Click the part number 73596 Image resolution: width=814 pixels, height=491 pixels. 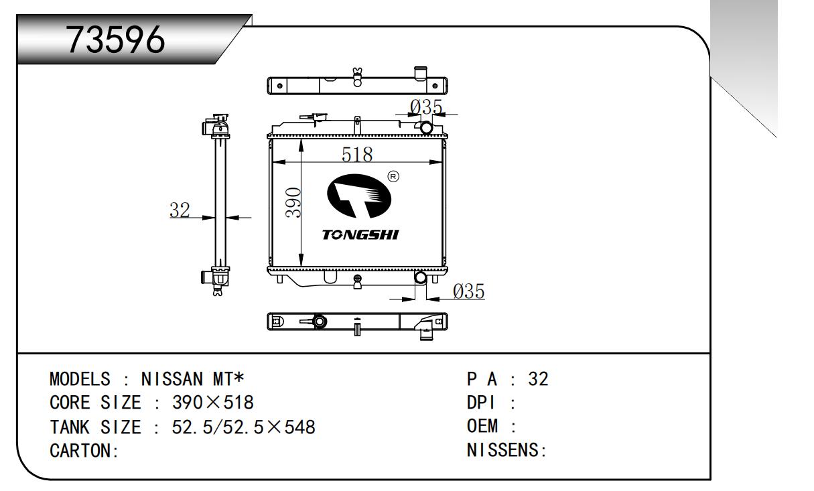tap(116, 42)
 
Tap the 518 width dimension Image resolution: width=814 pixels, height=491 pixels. tap(357, 154)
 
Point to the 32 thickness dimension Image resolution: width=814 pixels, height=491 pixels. tap(180, 210)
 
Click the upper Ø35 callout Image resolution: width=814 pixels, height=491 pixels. tap(426, 107)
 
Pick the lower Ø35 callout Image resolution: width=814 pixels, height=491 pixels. tap(468, 291)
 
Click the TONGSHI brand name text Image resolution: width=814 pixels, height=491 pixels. tap(360, 235)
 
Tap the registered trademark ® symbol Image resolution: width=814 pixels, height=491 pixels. tap(393, 177)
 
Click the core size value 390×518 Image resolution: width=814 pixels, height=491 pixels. tap(212, 403)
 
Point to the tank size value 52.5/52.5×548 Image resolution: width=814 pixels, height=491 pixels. tap(243, 427)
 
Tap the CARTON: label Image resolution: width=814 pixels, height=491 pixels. tap(84, 450)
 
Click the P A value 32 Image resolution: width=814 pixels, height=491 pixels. tap(538, 379)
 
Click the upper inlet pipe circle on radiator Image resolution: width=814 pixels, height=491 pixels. tap(425, 127)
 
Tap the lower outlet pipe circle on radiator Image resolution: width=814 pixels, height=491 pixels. tap(421, 277)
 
